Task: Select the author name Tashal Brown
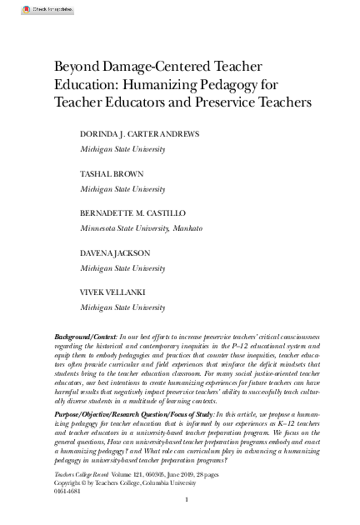112,174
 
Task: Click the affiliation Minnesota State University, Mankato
141,228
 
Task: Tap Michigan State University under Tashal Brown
122,189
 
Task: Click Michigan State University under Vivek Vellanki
122,307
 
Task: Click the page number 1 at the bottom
188,499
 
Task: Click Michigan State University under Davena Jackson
122,268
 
